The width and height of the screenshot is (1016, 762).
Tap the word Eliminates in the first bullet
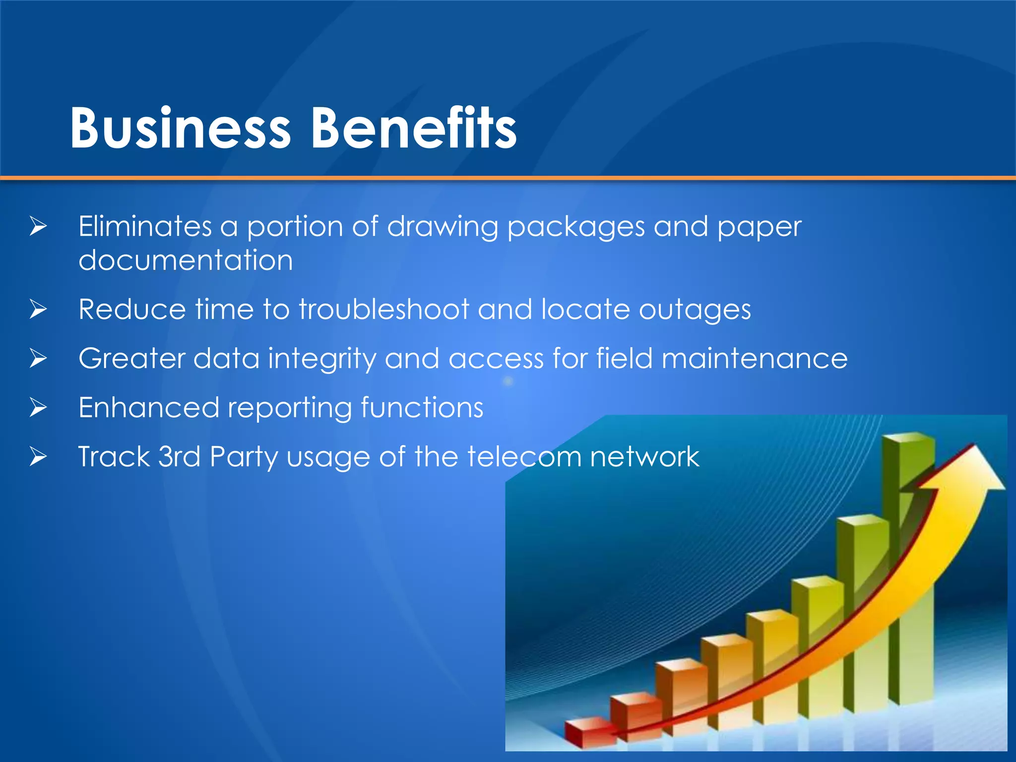click(x=145, y=227)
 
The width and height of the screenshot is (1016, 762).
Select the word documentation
click(x=186, y=260)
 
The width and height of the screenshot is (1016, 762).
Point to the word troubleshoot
click(x=383, y=310)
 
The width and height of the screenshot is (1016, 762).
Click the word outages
click(x=695, y=311)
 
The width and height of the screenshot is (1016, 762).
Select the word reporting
click(x=290, y=409)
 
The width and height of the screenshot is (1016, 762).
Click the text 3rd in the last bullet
click(x=179, y=456)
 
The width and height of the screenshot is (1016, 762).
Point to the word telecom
click(x=524, y=456)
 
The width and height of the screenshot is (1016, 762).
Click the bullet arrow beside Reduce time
click(x=38, y=310)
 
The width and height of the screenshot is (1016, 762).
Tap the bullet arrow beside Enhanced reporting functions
click(x=38, y=407)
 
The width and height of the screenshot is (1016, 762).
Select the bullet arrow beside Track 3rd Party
click(x=38, y=456)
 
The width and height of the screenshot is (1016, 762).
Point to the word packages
click(x=576, y=228)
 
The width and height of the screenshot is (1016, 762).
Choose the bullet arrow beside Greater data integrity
click(x=38, y=358)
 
